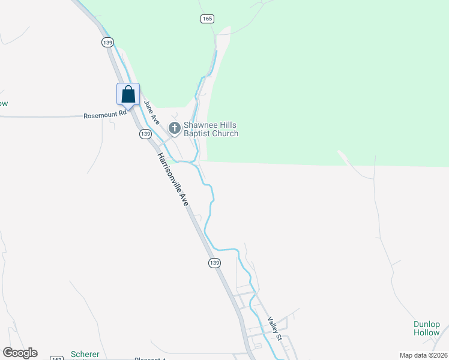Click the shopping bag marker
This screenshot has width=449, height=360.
click(x=128, y=94)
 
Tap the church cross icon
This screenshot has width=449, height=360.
click(x=175, y=128)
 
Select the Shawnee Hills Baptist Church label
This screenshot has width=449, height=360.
click(x=211, y=130)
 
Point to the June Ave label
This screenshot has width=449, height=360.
click(x=151, y=112)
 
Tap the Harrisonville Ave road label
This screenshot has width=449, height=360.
click(x=173, y=179)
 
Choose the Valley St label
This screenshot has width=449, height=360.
click(x=274, y=328)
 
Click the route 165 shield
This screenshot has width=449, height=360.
click(x=207, y=19)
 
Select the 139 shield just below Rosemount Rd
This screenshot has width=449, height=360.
click(x=145, y=134)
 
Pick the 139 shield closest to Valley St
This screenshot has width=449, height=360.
click(x=215, y=263)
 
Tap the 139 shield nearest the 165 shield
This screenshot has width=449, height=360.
click(x=107, y=42)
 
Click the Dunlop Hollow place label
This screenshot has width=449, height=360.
click(x=426, y=328)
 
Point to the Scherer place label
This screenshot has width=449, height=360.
click(x=85, y=354)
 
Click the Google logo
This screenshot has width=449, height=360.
click(x=20, y=353)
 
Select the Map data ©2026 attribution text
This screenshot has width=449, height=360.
click(x=423, y=355)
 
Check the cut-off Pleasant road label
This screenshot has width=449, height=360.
click(x=150, y=358)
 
